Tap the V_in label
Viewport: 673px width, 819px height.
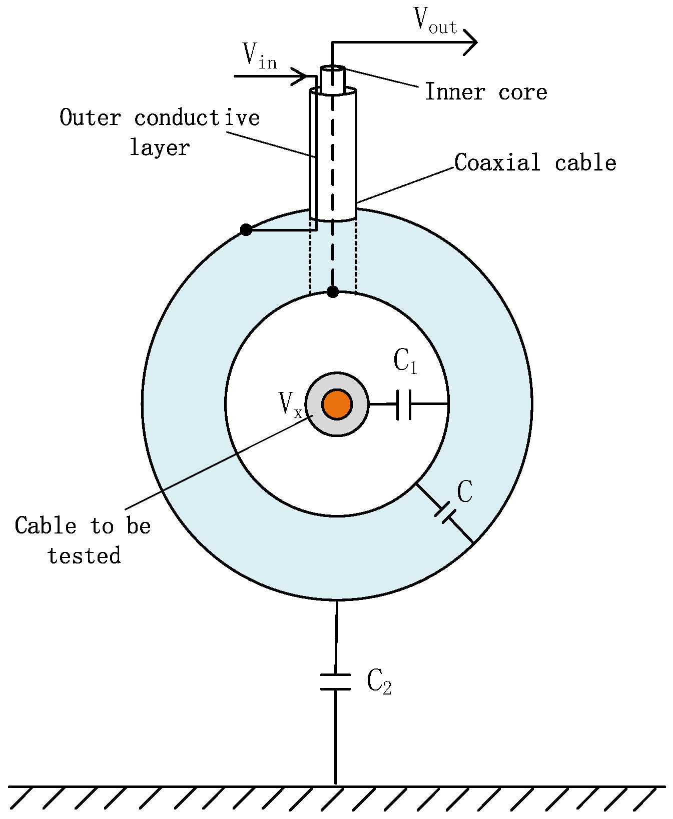click(x=259, y=55)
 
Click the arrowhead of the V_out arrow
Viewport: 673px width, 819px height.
click(x=471, y=42)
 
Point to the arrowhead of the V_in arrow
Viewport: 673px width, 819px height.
click(x=300, y=76)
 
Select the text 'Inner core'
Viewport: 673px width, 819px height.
click(x=485, y=92)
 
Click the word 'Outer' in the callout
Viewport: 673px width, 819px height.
click(x=90, y=118)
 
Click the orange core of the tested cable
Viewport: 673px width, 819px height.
click(x=337, y=404)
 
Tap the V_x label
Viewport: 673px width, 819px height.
click(x=290, y=404)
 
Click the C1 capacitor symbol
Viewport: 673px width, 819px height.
click(x=404, y=404)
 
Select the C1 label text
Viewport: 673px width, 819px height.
click(x=405, y=361)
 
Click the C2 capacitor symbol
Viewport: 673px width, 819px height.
click(x=335, y=682)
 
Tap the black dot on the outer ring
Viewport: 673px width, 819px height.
click(x=246, y=230)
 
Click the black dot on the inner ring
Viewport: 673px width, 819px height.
click(x=333, y=291)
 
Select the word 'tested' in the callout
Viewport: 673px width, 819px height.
click(x=84, y=556)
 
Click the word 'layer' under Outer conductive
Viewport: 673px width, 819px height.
click(x=160, y=147)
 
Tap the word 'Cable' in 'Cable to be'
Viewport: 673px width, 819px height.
click(x=45, y=526)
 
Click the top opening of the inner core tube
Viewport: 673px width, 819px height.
click(x=333, y=68)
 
